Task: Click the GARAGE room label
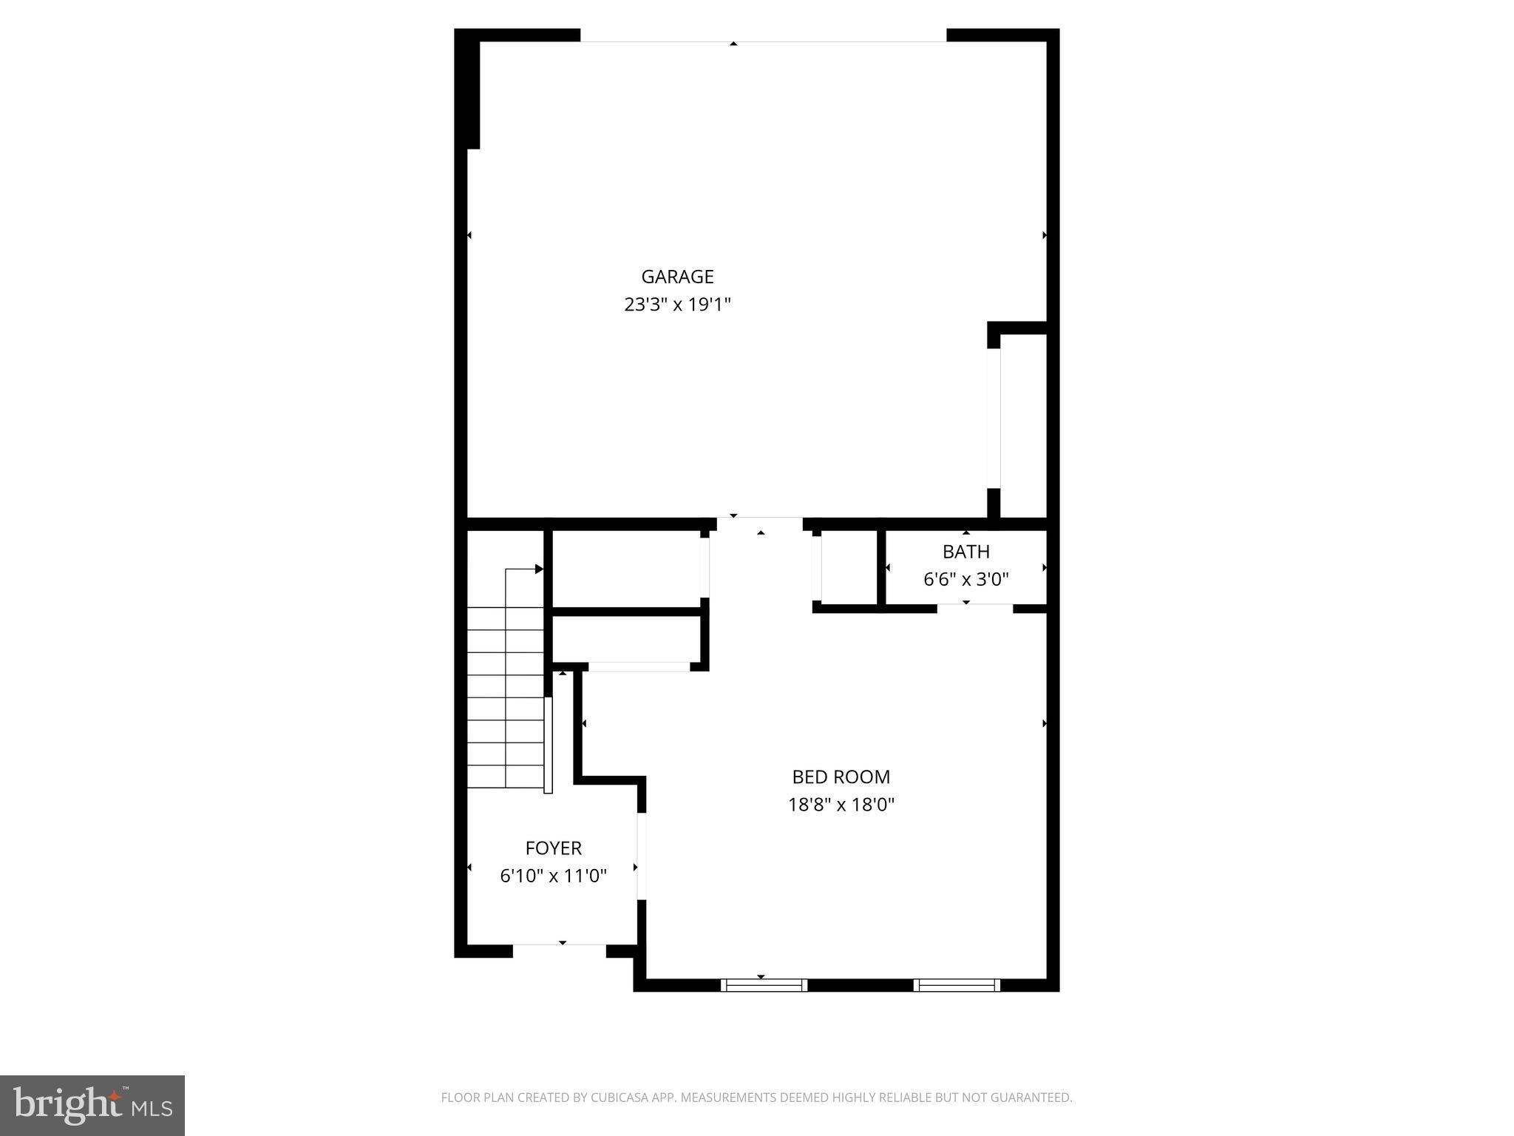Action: tap(677, 277)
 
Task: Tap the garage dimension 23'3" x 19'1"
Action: tap(677, 305)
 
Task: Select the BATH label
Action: tap(965, 552)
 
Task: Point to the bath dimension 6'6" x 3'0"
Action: tap(965, 579)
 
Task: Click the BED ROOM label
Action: tap(841, 777)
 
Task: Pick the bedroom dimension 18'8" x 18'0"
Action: tap(841, 805)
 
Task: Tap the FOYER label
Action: tap(553, 848)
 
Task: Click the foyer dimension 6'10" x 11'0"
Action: tap(553, 876)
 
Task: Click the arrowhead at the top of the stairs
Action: tap(539, 569)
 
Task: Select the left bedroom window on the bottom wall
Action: tap(764, 985)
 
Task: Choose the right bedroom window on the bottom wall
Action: tap(957, 985)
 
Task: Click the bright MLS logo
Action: tap(92, 1105)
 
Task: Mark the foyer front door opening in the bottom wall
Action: tap(560, 944)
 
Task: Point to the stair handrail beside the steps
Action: tap(548, 745)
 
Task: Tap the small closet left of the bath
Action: tap(849, 567)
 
